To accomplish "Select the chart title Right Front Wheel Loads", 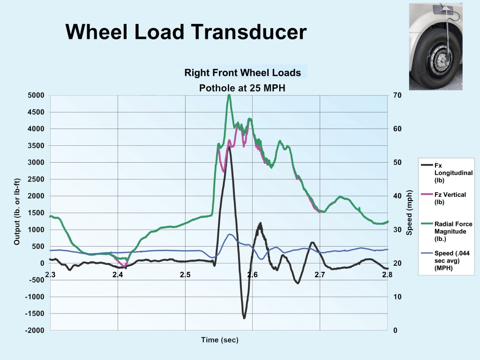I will click(242, 73).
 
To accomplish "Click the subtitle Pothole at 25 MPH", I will click(242, 87).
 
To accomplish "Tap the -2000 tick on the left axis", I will click(35, 330).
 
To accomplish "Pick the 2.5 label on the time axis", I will click(185, 274).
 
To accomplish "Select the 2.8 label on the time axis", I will click(386, 274).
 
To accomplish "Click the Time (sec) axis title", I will click(219, 340).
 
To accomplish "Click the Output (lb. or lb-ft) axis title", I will click(17, 212).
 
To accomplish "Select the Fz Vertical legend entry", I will click(450, 198).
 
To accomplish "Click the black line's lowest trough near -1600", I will click(244, 318).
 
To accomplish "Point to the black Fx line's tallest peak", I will click(229, 146).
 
